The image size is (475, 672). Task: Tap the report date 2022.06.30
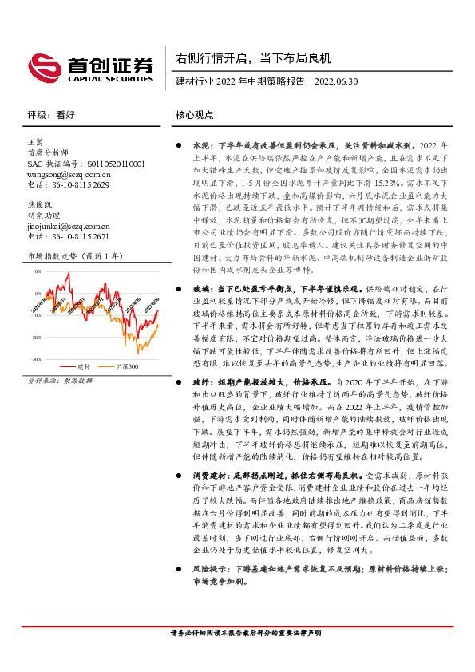point(337,81)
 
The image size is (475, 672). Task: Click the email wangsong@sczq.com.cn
point(69,173)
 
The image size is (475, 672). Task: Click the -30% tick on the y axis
point(36,359)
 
